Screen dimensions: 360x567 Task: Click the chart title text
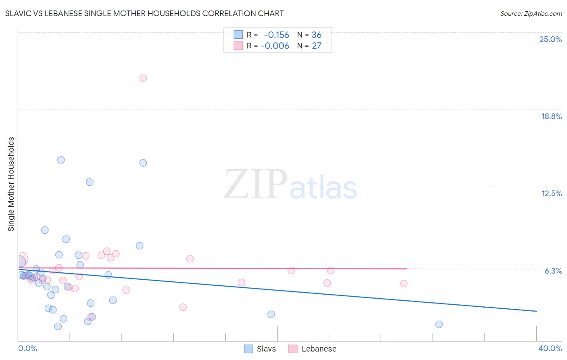tap(144, 13)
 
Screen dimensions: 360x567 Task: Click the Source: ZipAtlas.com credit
tap(531, 13)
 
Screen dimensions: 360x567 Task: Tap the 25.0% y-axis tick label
tap(550, 39)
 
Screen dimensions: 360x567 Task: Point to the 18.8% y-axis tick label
tap(551, 116)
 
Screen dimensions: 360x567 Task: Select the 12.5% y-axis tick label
tap(551, 193)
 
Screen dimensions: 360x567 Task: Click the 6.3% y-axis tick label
tap(553, 271)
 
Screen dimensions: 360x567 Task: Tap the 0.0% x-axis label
tap(27, 348)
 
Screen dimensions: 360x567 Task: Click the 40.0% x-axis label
tap(550, 348)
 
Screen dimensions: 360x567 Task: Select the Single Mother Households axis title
tap(11, 184)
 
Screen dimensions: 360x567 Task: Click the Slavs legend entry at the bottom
tap(266, 349)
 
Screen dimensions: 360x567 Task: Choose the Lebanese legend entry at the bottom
tap(319, 349)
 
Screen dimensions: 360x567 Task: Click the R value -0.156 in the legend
tap(276, 35)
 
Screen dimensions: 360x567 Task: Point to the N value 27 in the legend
tap(317, 46)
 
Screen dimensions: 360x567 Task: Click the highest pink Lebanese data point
tap(143, 78)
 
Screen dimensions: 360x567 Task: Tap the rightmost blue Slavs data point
tap(439, 324)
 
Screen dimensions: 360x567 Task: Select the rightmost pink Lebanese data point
tap(404, 283)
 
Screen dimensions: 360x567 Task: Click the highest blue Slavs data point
tap(61, 160)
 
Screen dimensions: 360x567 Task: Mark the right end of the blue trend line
tap(536, 311)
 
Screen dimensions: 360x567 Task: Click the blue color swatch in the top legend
tap(238, 35)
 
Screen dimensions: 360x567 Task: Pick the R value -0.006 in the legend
tap(275, 46)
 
